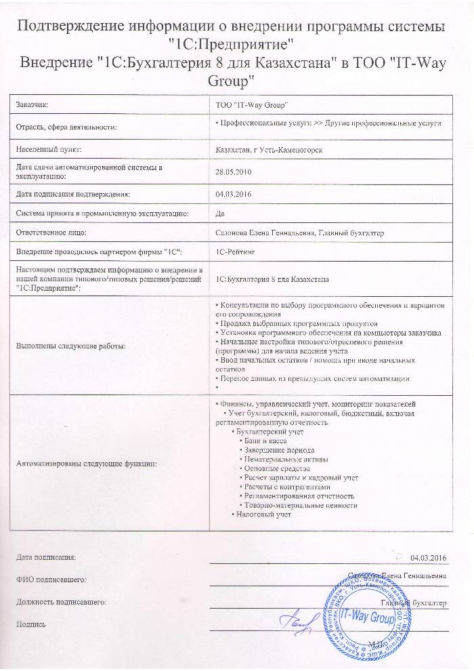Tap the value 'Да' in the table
coord(219,213)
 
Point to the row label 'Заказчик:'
coord(33,105)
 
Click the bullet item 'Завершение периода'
coord(278,450)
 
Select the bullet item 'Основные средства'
coord(276,468)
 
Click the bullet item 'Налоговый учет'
coord(263,514)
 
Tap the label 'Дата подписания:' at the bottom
coord(46,557)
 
